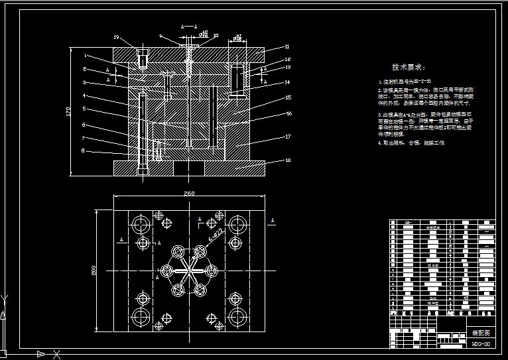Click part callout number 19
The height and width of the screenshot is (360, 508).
pos(117,37)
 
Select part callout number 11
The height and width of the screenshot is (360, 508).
pos(287,46)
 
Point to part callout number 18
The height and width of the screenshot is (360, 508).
pos(287,160)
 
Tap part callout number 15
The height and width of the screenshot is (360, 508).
pos(287,97)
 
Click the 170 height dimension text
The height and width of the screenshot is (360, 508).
pos(68,112)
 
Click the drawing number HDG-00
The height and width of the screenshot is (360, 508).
pos(481,344)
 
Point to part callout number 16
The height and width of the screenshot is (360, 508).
pos(287,113)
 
